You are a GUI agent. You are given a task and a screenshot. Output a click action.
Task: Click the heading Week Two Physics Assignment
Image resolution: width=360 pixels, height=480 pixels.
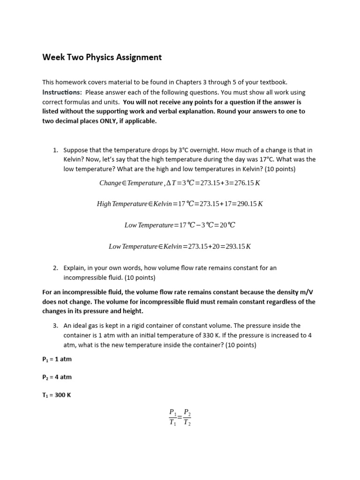tap(102, 57)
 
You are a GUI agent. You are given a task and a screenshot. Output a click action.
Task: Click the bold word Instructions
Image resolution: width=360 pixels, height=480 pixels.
tap(62, 92)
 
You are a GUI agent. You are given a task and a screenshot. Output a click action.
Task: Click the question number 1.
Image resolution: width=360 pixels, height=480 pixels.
tap(55, 150)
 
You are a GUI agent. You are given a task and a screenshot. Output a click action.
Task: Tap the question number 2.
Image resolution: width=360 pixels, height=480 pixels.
tap(55, 268)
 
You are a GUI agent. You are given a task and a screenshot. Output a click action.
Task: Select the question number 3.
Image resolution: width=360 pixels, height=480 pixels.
tap(55, 325)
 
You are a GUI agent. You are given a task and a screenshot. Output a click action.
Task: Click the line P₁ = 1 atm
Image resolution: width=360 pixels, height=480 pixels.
tap(57, 359)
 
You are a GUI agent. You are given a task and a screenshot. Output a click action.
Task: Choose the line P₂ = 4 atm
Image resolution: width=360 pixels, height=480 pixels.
tap(57, 377)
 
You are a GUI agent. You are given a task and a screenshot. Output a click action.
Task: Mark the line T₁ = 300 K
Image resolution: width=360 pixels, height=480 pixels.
tap(56, 395)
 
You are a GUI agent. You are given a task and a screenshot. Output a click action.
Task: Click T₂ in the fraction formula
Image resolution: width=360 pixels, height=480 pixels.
tap(187, 422)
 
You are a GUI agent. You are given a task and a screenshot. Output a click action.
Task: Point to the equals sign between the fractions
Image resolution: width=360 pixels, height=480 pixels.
tap(180, 417)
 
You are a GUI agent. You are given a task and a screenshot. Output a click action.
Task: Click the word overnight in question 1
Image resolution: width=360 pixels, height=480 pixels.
tap(194, 150)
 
